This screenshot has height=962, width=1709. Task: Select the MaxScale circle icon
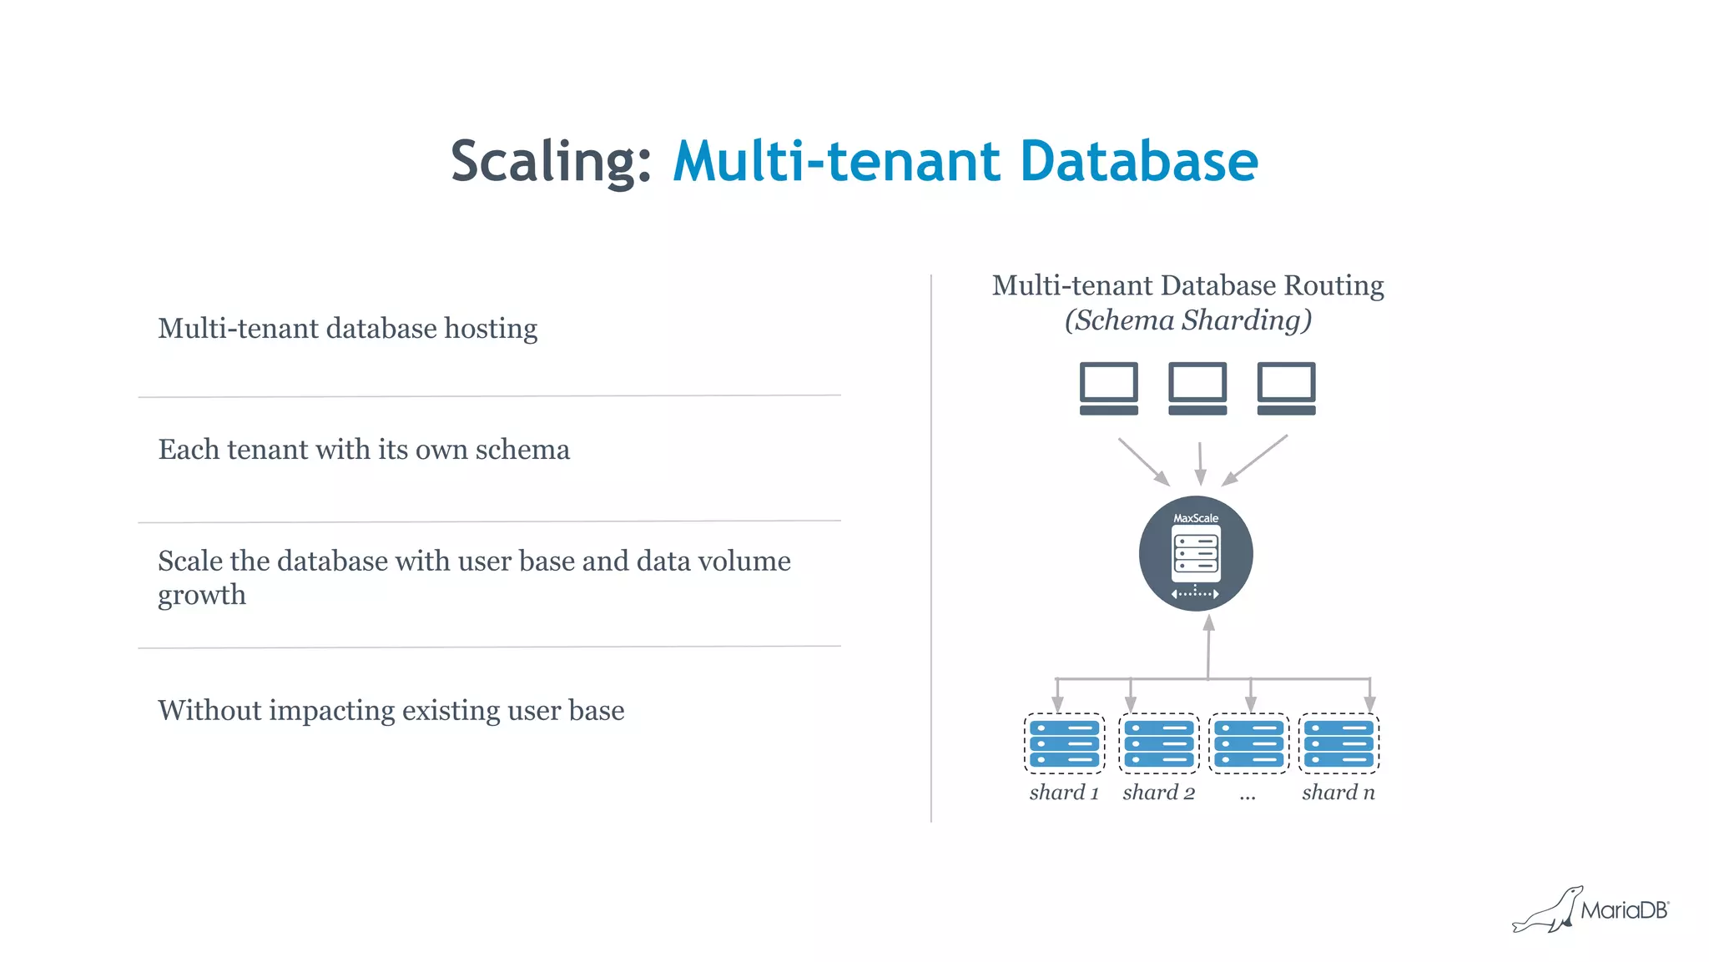coord(1196,554)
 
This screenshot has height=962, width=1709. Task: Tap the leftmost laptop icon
coord(1108,388)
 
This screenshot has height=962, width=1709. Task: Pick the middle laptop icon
coord(1197,388)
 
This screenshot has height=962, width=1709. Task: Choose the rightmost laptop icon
coord(1286,388)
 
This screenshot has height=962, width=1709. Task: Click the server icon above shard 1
coord(1064,743)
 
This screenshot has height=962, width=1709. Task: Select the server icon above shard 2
coord(1158,743)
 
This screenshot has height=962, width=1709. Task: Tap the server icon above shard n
coord(1338,743)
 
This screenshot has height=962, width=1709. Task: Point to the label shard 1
coord(1064,793)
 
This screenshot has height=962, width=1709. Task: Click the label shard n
coord(1338,793)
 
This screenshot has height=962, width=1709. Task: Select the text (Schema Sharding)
coord(1188,320)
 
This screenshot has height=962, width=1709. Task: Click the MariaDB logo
coord(1590,910)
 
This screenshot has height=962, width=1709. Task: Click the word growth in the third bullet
coord(202,596)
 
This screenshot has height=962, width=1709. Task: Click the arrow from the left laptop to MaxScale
coord(1143,461)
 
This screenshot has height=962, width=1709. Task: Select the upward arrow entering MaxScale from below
coord(1208,647)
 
